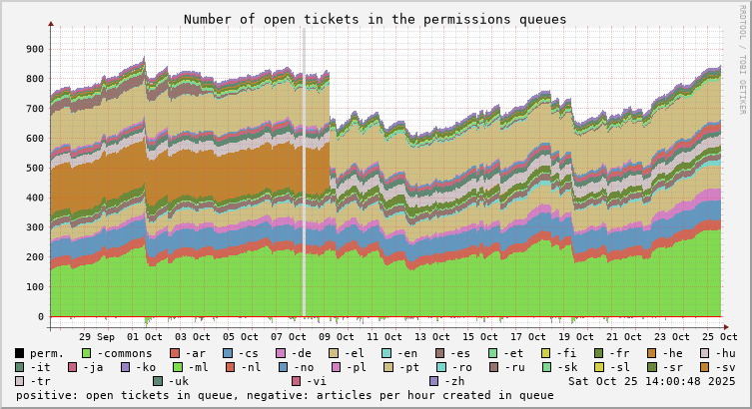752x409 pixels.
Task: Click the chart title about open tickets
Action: coord(375,19)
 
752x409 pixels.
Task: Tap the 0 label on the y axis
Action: coord(41,317)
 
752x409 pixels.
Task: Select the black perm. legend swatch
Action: coord(20,353)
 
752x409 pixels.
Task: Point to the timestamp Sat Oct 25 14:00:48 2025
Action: coord(651,381)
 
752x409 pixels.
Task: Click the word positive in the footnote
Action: coord(47,395)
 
